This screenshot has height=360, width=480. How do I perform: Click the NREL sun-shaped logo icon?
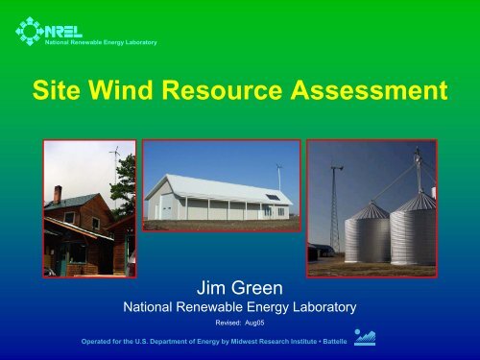30,28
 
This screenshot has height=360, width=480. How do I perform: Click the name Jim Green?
239,285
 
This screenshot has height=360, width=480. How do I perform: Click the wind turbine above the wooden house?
113,154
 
